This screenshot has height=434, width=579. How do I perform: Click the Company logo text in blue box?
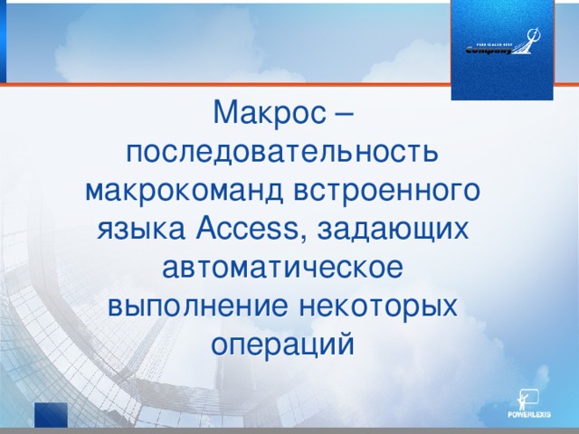[x=489, y=51]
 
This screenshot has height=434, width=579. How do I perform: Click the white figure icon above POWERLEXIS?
[x=526, y=398]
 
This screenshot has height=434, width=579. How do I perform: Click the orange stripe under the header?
[x=226, y=85]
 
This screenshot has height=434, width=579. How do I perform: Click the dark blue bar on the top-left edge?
[x=3, y=41]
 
